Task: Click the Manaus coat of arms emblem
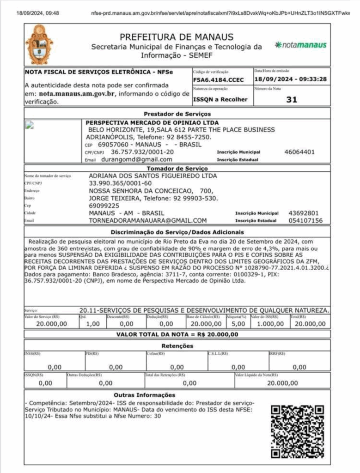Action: (39, 45)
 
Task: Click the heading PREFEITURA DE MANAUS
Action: (177, 37)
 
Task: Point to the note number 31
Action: (292, 99)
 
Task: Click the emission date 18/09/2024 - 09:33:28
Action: (290, 79)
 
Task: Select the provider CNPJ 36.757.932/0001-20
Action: (142, 152)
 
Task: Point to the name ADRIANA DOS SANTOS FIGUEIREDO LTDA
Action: (153, 176)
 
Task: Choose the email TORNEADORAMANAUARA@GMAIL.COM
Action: (148, 220)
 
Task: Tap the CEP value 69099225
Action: (104, 205)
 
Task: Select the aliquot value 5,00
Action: (238, 324)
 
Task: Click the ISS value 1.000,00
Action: (269, 324)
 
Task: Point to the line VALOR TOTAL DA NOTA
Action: (177, 334)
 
